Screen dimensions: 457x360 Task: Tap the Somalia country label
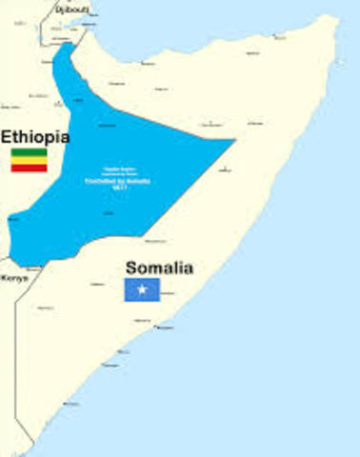tap(159, 268)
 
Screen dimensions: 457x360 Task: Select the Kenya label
tap(14, 278)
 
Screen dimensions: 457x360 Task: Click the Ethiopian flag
tap(29, 159)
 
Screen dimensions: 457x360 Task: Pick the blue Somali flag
tap(143, 289)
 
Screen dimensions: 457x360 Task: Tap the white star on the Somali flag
tap(143, 289)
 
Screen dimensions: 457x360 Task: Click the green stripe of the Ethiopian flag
tap(29, 151)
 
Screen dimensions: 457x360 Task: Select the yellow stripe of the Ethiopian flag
tap(29, 159)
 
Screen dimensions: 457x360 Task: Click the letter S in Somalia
tap(132, 268)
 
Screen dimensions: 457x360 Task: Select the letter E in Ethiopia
tap(7, 135)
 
